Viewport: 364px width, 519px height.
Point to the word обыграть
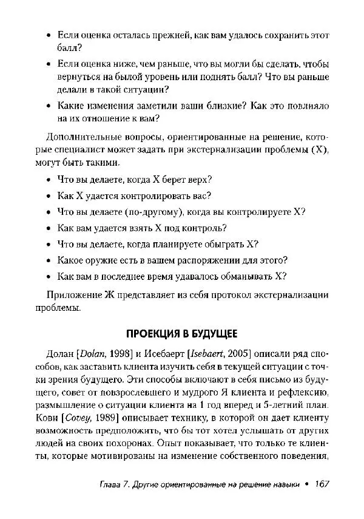(x=222, y=244)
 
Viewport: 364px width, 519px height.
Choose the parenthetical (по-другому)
(x=148, y=212)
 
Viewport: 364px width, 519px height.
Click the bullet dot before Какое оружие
(x=49, y=260)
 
